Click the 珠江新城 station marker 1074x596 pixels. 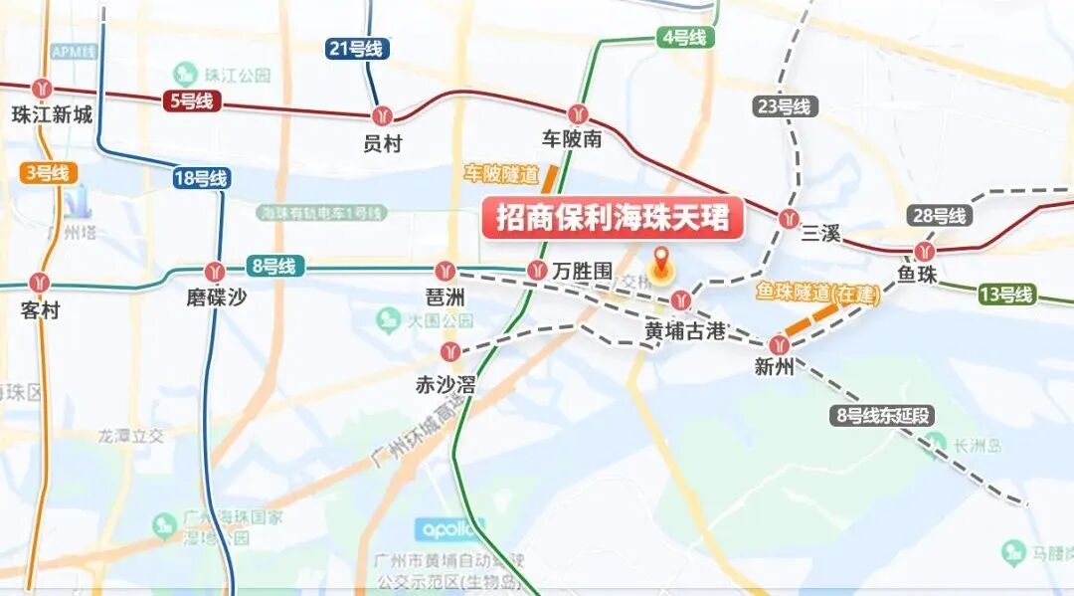[41, 89]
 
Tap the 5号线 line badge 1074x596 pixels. [189, 100]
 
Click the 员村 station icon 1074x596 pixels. [383, 115]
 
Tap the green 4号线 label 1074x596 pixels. [684, 38]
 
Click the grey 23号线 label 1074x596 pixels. [785, 106]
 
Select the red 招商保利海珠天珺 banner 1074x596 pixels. [614, 219]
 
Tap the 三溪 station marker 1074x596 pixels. [791, 218]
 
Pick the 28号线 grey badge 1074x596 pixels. [939, 216]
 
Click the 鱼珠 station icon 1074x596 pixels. [925, 251]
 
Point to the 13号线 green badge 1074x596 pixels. [1006, 295]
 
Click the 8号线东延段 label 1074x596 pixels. [883, 416]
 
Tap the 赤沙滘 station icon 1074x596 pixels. [450, 350]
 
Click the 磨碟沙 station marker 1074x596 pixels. [215, 271]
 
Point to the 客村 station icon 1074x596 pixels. [40, 284]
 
